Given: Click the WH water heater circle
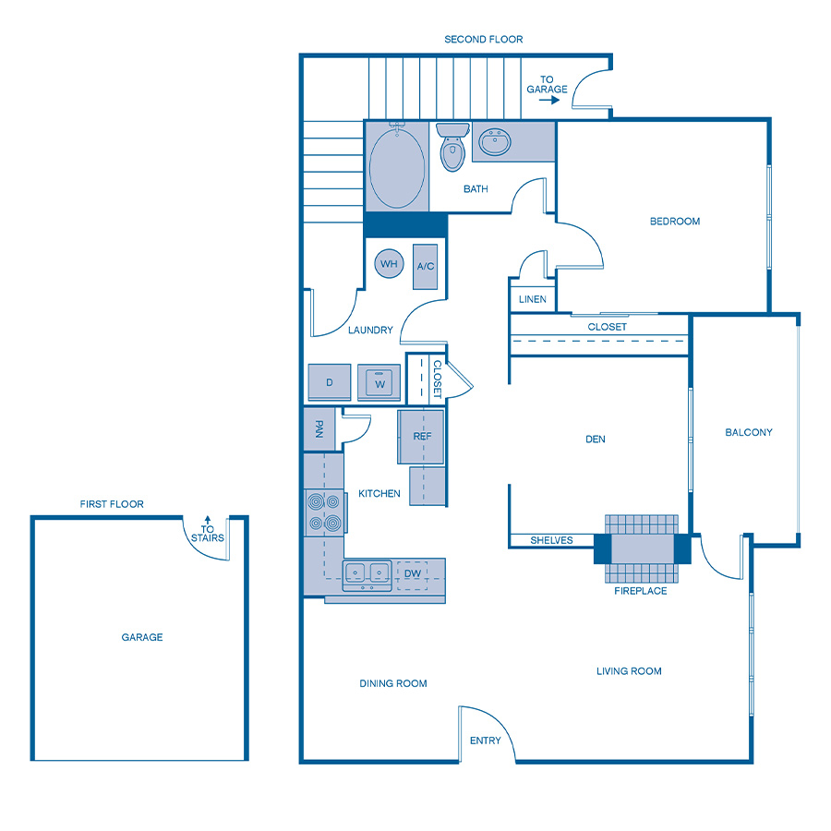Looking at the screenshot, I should [x=389, y=264].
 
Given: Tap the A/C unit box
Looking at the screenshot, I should [x=425, y=266].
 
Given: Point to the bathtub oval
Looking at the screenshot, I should [x=397, y=168].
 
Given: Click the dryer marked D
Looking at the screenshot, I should [x=330, y=382].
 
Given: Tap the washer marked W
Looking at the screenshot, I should [x=379, y=382].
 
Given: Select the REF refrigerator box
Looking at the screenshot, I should [x=421, y=437].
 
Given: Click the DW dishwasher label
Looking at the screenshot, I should [x=413, y=573].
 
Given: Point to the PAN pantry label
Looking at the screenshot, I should [x=319, y=429].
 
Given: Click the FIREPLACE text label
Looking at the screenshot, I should [x=641, y=591].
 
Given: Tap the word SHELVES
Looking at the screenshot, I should [x=551, y=540].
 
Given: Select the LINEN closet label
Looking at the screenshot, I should [x=532, y=299].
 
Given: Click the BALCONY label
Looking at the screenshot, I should [x=748, y=432].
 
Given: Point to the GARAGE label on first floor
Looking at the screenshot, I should [x=142, y=637].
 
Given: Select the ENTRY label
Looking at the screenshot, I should [x=486, y=741].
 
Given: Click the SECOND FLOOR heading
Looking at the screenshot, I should [x=484, y=40].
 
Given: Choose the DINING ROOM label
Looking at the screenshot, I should [x=393, y=683].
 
